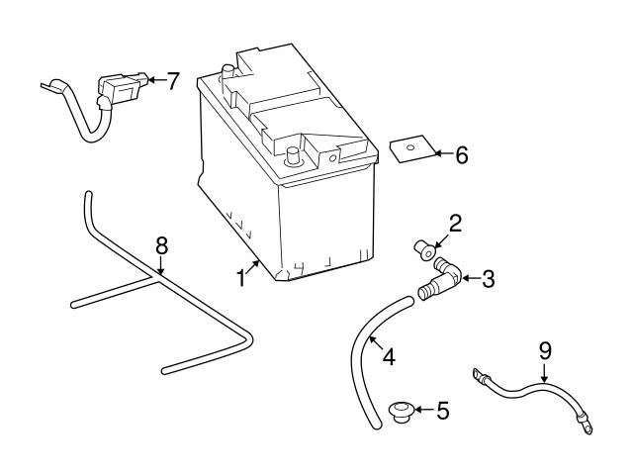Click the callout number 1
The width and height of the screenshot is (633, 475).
point(240,278)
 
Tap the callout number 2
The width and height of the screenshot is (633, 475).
point(455,225)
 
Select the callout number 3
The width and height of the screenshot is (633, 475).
point(487,279)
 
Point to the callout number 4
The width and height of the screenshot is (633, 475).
point(389,356)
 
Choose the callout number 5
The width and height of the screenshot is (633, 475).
point(441,409)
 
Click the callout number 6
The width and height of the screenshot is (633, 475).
point(460,154)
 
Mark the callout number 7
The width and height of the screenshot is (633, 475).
point(173,81)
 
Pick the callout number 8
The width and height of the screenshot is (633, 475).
point(162,243)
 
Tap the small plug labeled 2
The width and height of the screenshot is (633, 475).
point(425,249)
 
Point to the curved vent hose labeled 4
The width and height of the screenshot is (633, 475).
point(363,356)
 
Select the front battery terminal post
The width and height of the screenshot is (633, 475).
point(292,155)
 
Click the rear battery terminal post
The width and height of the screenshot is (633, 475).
point(228,71)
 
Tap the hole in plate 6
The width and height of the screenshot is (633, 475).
point(408,148)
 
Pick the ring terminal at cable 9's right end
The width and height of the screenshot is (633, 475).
point(587,428)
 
